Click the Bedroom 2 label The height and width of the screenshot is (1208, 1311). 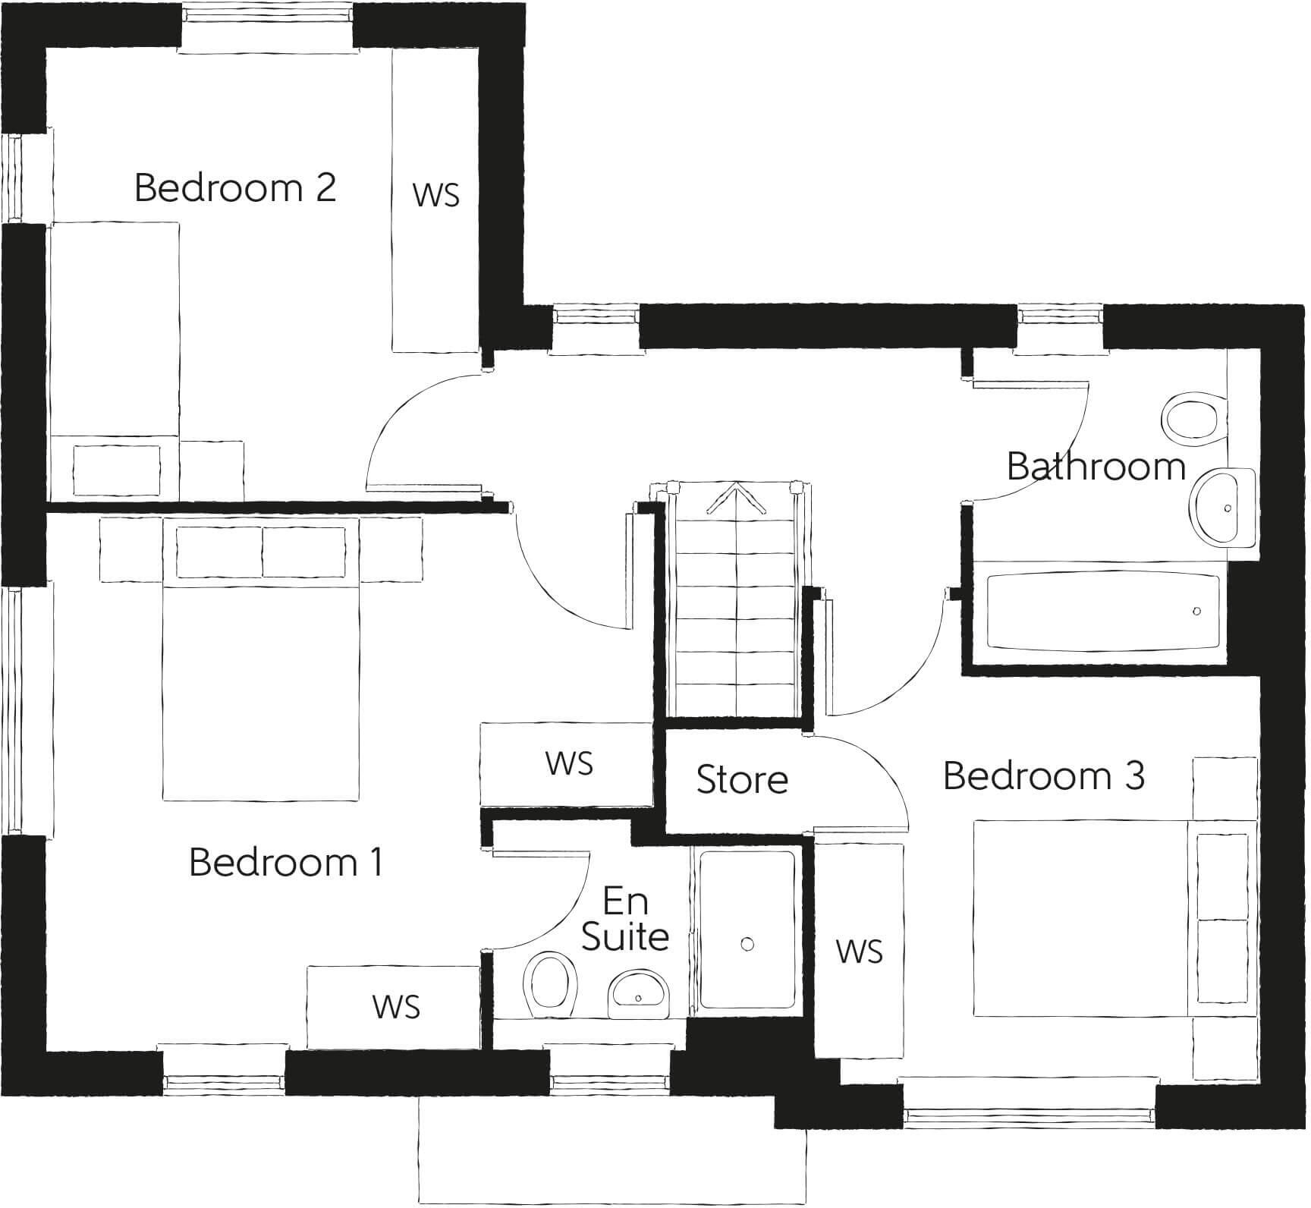point(234,187)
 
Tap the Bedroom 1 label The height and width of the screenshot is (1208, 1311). point(285,862)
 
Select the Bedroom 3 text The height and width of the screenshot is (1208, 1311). point(1043,775)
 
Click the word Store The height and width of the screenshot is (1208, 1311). point(742,779)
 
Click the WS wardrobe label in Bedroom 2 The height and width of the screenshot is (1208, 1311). point(435,195)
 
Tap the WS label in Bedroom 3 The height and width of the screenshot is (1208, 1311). point(859,951)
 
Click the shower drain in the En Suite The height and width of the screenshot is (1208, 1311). point(747,944)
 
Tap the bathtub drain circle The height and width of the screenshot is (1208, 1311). point(1196,611)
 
